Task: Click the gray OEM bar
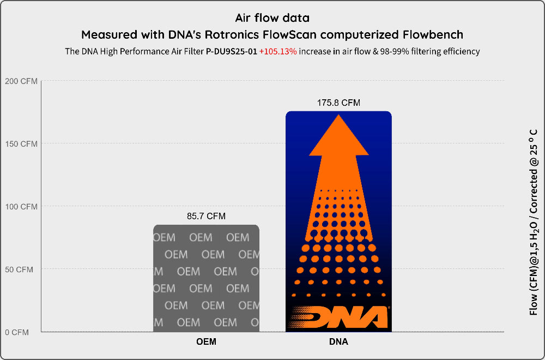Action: pos(206,278)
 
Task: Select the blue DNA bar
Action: pos(338,221)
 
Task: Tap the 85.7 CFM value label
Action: pos(206,217)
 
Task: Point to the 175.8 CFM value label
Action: pos(338,103)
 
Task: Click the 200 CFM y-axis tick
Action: pos(21,81)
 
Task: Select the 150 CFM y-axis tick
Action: pos(21,144)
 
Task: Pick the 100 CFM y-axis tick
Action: pos(21,207)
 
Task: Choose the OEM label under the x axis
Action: pos(206,343)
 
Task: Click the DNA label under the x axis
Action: pos(338,343)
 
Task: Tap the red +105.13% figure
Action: pos(278,52)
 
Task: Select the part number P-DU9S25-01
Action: pos(231,52)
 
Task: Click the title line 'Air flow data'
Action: pos(272,18)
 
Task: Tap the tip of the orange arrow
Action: pos(338,117)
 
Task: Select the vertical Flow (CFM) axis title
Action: pos(534,222)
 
